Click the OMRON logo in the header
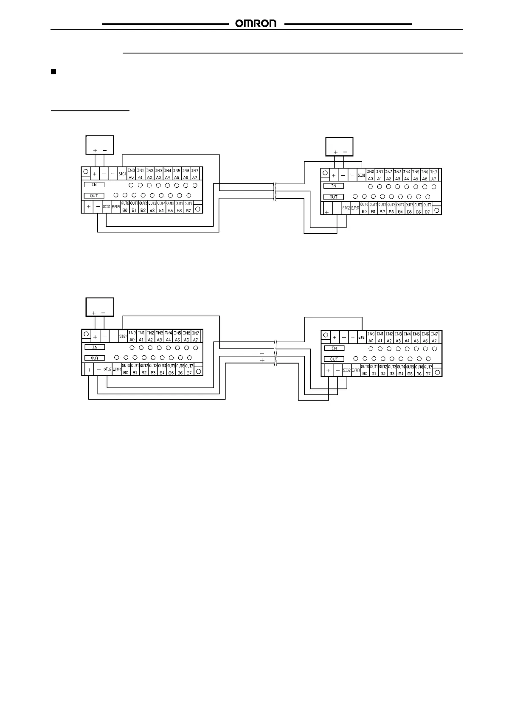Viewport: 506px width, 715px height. pyautogui.click(x=256, y=24)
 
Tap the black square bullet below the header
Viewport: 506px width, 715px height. pyautogui.click(x=53, y=71)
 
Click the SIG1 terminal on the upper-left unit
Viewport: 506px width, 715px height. pyautogui.click(x=122, y=174)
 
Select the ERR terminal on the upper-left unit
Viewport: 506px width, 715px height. pyautogui.click(x=116, y=207)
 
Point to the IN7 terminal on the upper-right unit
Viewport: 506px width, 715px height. pyautogui.click(x=433, y=175)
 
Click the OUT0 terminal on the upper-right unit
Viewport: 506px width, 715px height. pyautogui.click(x=364, y=208)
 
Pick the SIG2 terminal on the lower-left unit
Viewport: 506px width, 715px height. pyautogui.click(x=107, y=369)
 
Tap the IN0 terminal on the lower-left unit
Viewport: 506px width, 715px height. pyautogui.click(x=132, y=336)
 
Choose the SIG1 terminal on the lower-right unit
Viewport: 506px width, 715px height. pyautogui.click(x=362, y=338)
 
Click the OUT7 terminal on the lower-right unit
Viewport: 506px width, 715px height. pyautogui.click(x=428, y=370)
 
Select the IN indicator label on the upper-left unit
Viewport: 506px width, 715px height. pyautogui.click(x=94, y=185)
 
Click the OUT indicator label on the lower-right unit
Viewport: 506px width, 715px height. pyautogui.click(x=334, y=359)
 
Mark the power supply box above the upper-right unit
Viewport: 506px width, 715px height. pyautogui.click(x=339, y=146)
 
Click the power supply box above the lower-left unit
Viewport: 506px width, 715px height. pyautogui.click(x=100, y=307)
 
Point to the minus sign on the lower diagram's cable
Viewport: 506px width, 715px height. pyautogui.click(x=262, y=353)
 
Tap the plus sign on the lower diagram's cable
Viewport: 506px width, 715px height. pyautogui.click(x=262, y=360)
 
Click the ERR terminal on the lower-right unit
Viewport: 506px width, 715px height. pyautogui.click(x=356, y=370)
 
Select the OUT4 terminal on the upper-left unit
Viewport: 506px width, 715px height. pyautogui.click(x=161, y=207)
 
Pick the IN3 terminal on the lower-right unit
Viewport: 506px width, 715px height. pyautogui.click(x=398, y=338)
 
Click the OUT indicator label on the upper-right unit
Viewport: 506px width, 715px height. pyautogui.click(x=334, y=197)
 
